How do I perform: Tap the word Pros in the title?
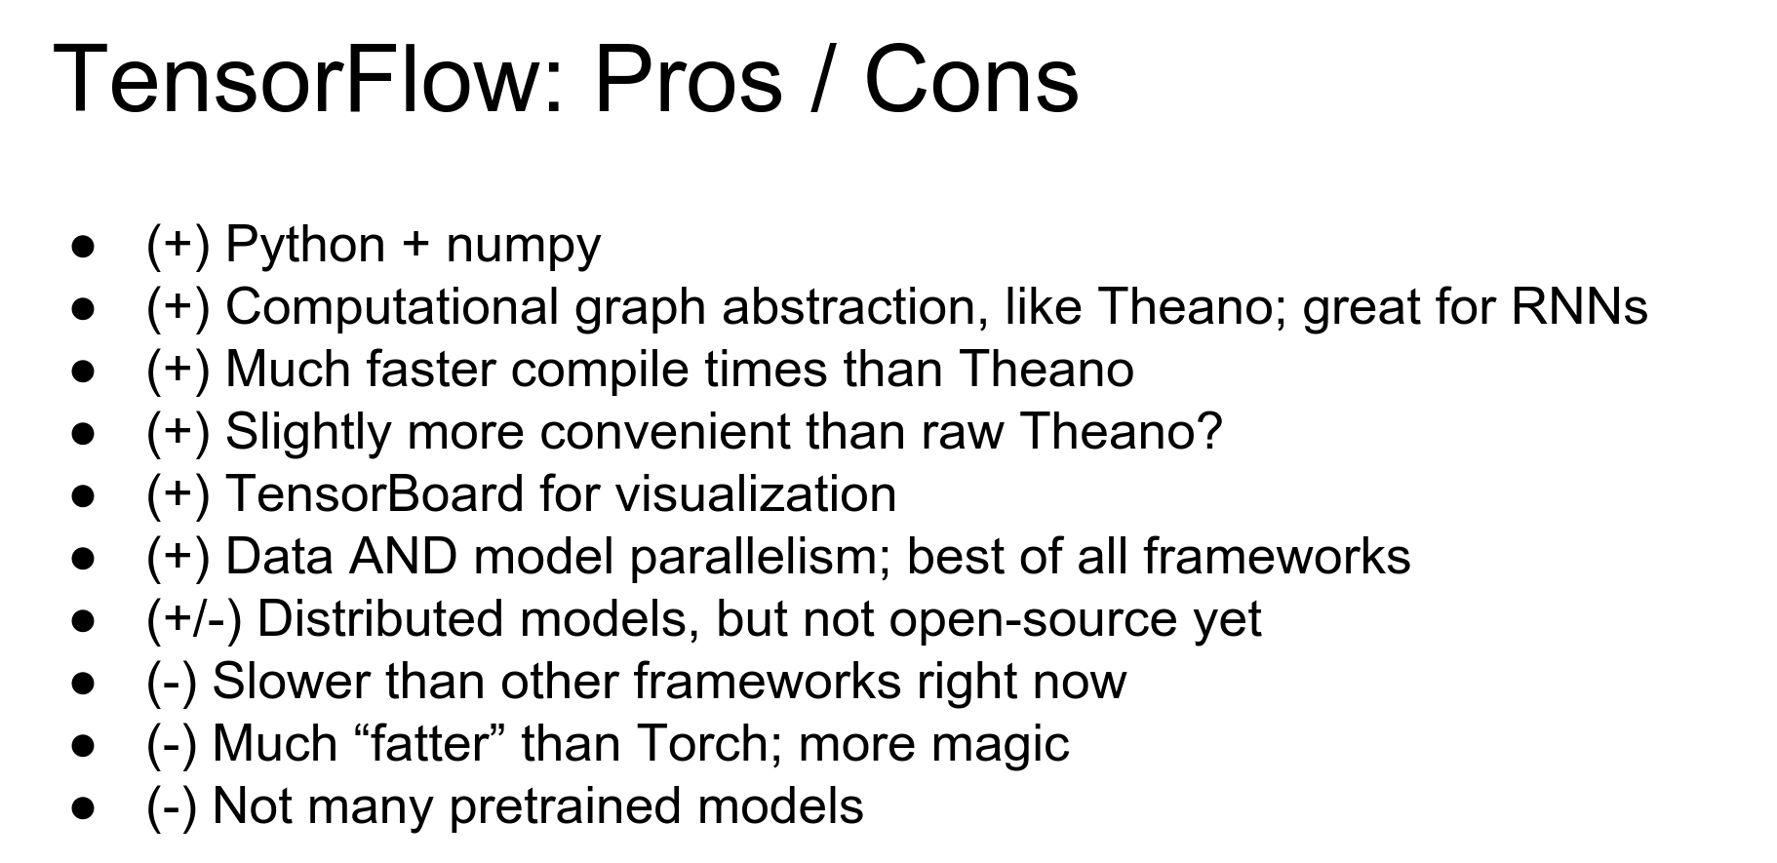point(688,79)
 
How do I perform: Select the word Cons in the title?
point(970,79)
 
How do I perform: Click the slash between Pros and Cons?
point(822,79)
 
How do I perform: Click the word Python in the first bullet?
point(305,245)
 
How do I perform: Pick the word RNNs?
point(1579,306)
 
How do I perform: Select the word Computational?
point(391,308)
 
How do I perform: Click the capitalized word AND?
point(403,557)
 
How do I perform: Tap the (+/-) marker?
point(193,620)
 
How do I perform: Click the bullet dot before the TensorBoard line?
point(83,495)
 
